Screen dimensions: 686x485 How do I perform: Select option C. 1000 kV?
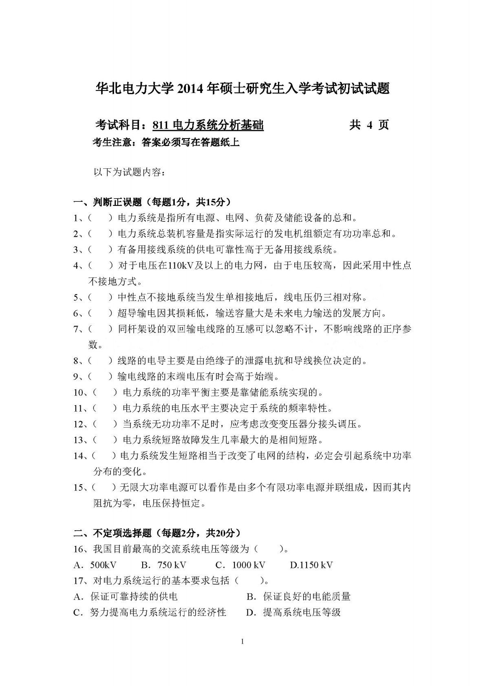[x=240, y=565]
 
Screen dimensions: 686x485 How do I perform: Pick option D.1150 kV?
[x=311, y=565]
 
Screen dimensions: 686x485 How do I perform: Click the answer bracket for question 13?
[x=105, y=440]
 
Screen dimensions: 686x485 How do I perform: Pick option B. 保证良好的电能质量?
[x=298, y=597]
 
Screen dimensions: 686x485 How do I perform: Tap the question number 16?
[x=78, y=549]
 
